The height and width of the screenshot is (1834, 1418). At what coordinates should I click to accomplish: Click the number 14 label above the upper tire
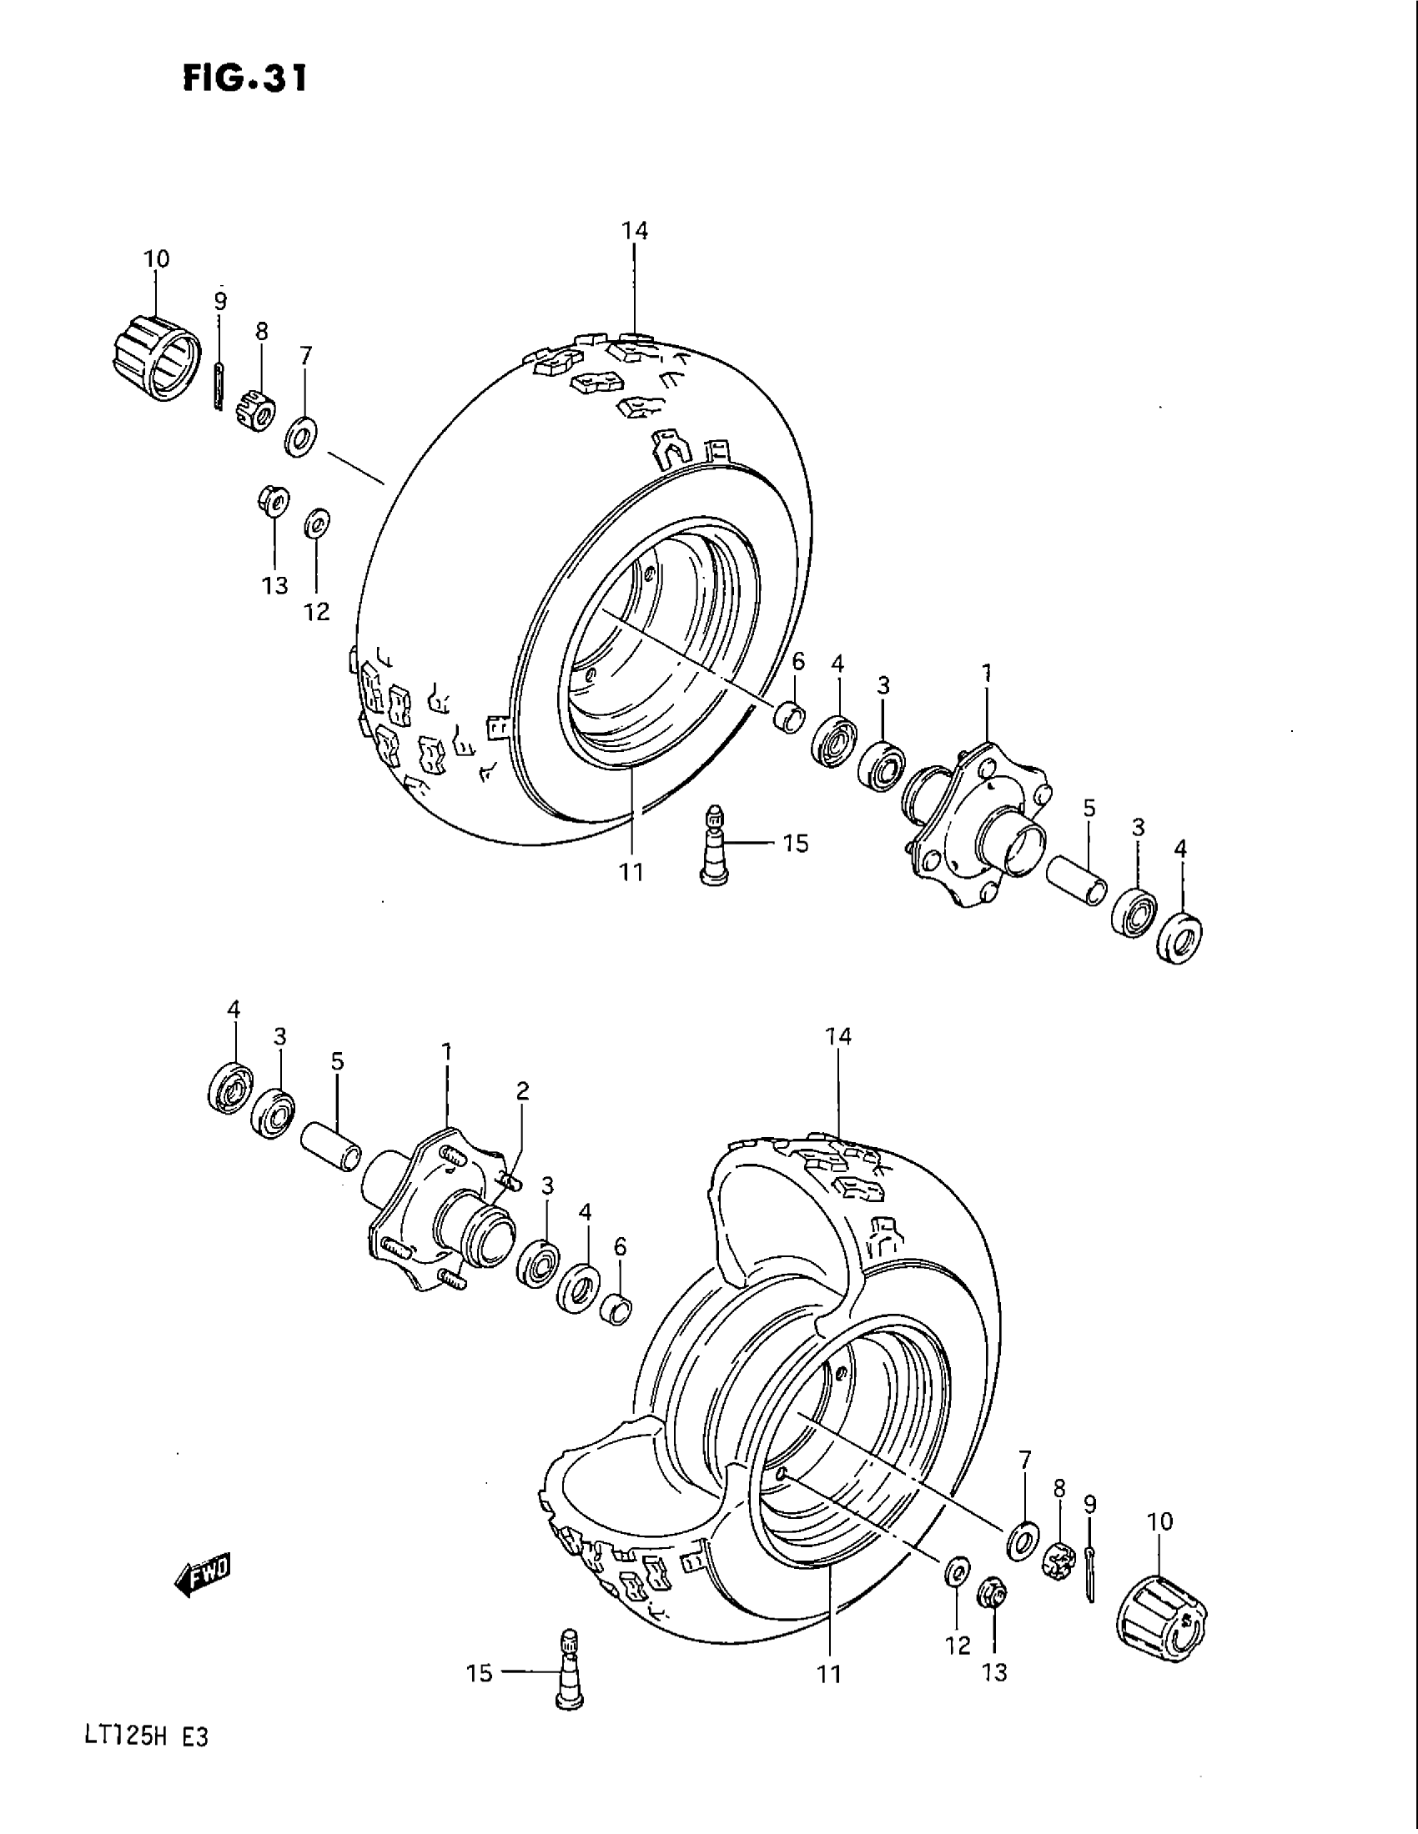click(635, 231)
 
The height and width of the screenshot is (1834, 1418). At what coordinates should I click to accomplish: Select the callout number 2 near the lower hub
click(522, 1091)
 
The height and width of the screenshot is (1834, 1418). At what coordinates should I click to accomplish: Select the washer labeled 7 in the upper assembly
click(300, 435)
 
